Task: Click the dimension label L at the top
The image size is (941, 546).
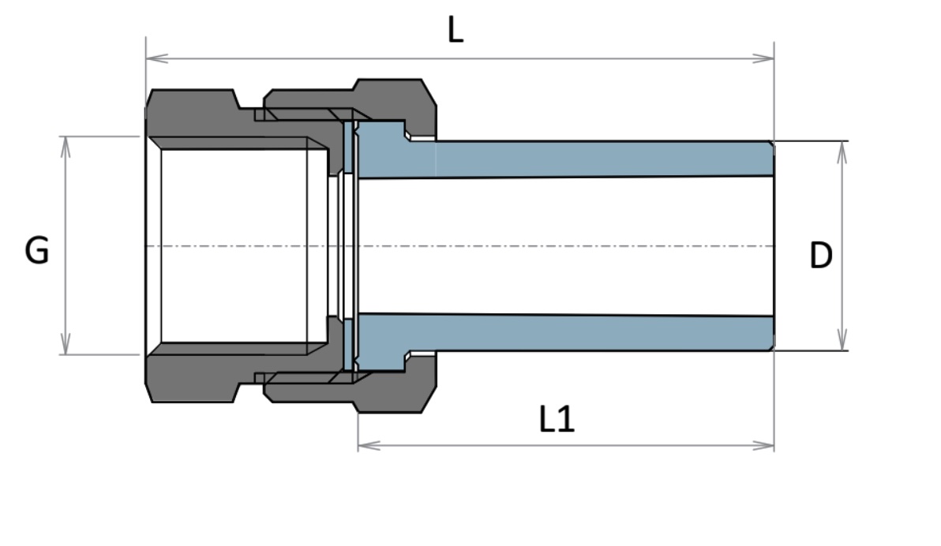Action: (456, 31)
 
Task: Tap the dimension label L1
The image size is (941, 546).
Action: (557, 420)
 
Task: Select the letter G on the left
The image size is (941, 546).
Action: (37, 252)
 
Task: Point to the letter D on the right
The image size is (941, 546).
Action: (821, 256)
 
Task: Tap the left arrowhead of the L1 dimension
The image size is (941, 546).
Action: (366, 446)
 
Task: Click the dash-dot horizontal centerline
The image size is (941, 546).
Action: (553, 246)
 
